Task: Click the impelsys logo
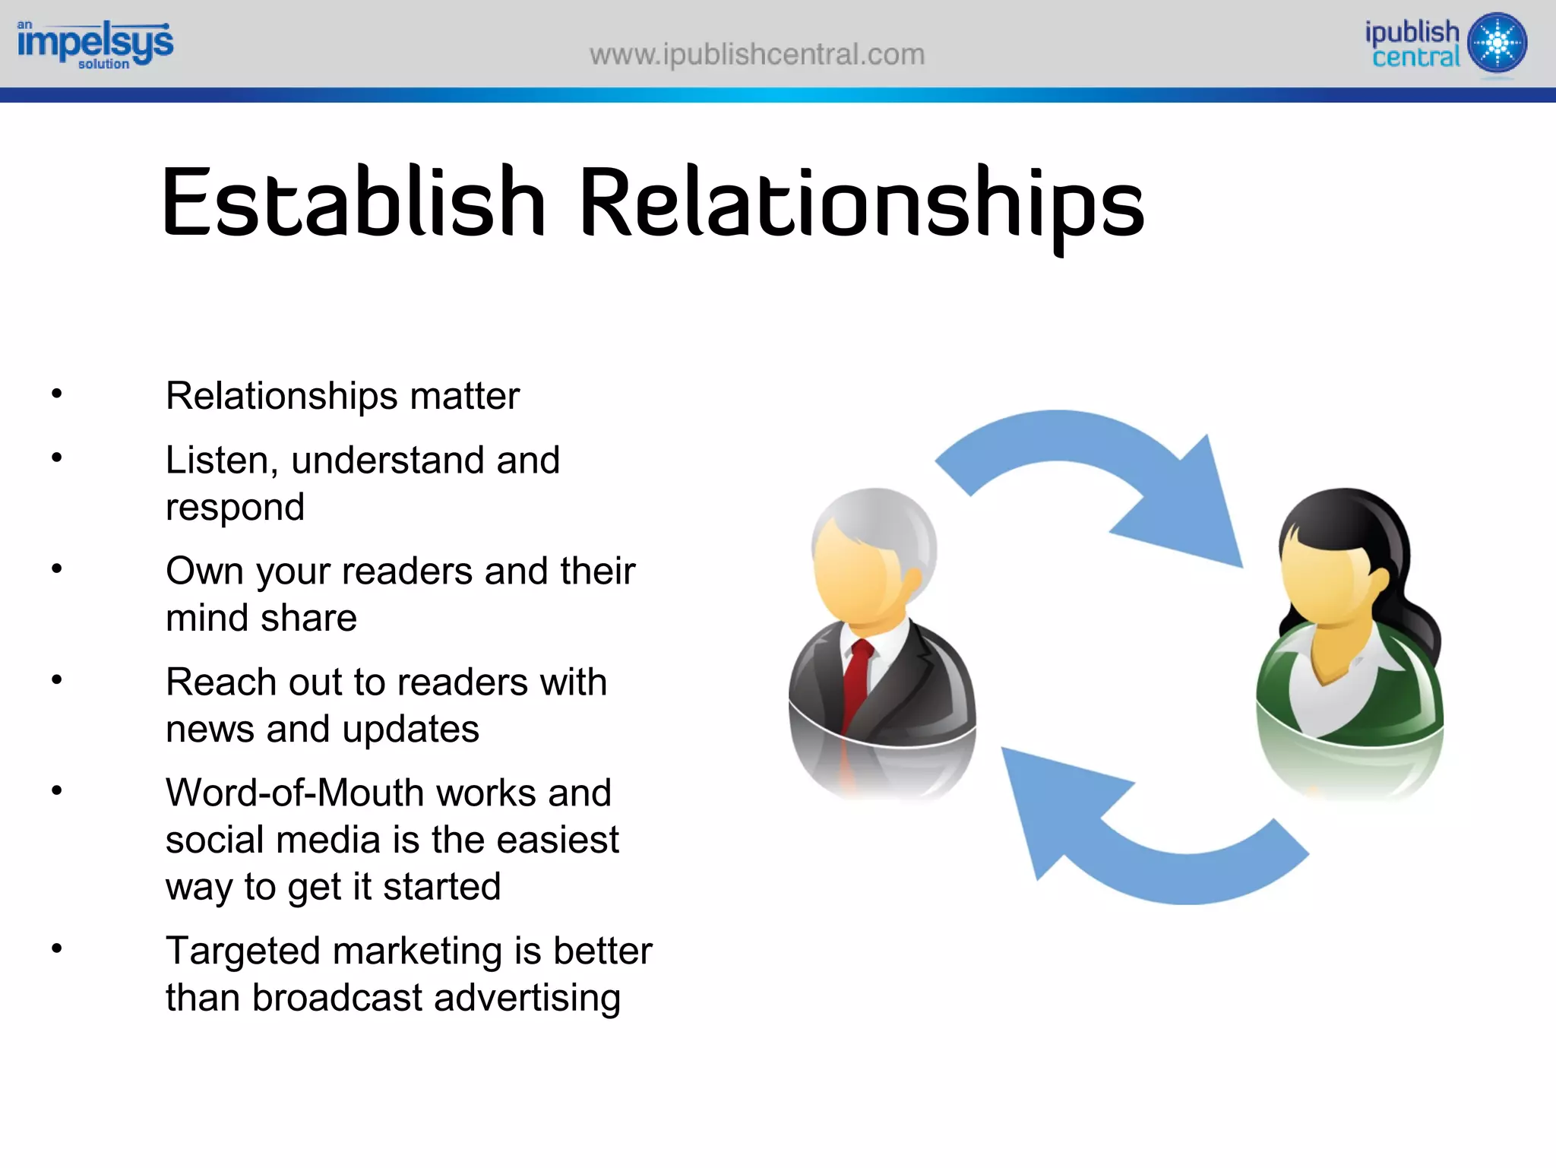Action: point(95,44)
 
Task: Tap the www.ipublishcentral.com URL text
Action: point(757,55)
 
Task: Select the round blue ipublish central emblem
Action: point(1497,43)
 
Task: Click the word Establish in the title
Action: point(353,202)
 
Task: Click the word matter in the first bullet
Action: point(464,396)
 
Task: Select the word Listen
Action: point(216,461)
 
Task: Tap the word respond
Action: point(235,508)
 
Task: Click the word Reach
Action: point(221,682)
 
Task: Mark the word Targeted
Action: point(242,951)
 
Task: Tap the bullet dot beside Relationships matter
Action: point(56,394)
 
